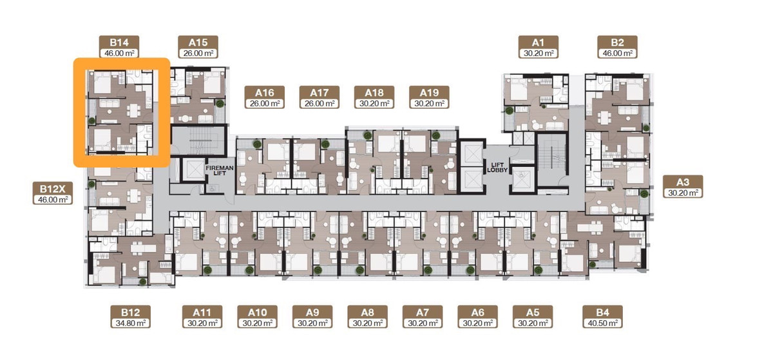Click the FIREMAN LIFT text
[220, 171]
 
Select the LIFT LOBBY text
[497, 167]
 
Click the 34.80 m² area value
[130, 323]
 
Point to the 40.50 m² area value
[603, 323]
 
